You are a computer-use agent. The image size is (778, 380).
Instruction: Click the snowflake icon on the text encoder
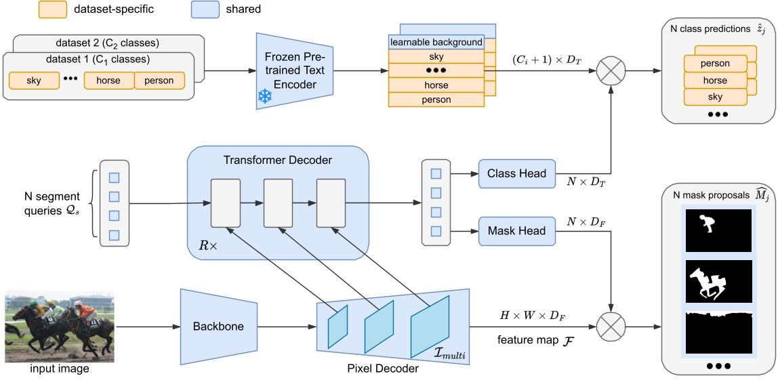click(264, 98)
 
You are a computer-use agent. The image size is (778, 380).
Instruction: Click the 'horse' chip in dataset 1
click(108, 81)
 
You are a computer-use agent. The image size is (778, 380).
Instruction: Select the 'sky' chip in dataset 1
click(34, 81)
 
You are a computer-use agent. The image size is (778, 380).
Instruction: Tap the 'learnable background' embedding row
click(436, 42)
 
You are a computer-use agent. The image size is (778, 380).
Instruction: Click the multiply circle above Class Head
click(611, 70)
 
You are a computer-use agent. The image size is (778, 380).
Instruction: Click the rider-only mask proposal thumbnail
click(718, 230)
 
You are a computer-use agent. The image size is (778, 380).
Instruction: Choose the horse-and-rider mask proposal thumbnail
click(718, 281)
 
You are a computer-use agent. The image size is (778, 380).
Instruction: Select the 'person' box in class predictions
click(715, 64)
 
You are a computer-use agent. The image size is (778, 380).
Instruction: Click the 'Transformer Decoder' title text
click(277, 159)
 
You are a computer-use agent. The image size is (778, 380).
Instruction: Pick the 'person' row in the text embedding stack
click(436, 100)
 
